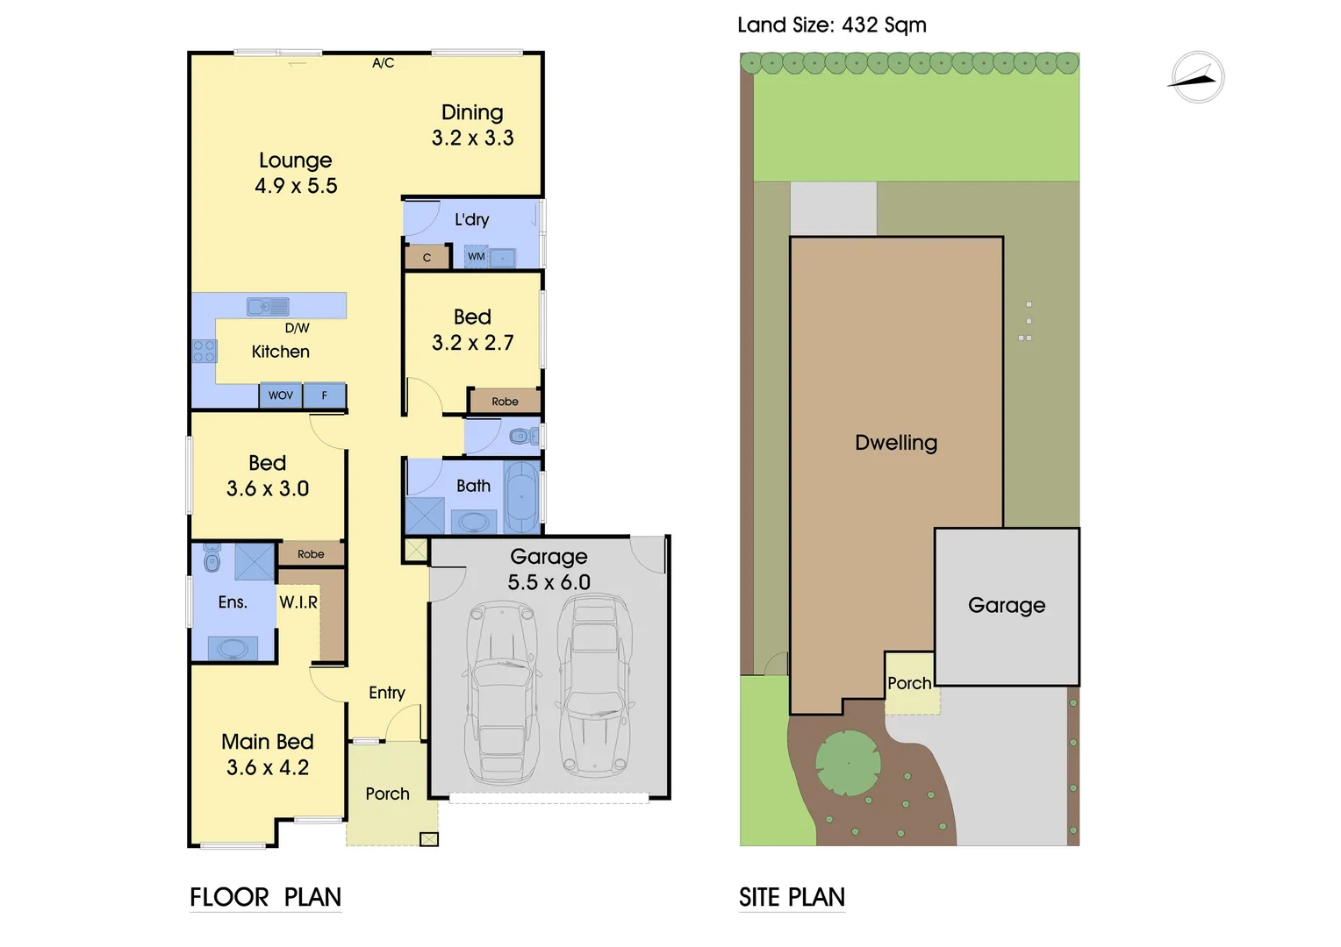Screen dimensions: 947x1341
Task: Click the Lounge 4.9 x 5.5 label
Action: pyautogui.click(x=296, y=173)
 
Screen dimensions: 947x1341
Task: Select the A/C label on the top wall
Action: pyautogui.click(x=383, y=63)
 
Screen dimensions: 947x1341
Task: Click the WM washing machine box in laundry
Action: pyautogui.click(x=476, y=257)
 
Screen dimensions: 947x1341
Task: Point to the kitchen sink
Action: pyautogui.click(x=268, y=306)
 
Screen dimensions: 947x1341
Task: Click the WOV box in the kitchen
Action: pyautogui.click(x=280, y=395)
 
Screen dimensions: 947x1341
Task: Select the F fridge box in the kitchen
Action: pyautogui.click(x=324, y=395)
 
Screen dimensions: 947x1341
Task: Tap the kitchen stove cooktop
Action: pyautogui.click(x=204, y=351)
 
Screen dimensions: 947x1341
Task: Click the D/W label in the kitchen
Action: pyautogui.click(x=297, y=328)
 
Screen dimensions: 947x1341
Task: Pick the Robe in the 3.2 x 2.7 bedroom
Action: pyautogui.click(x=505, y=402)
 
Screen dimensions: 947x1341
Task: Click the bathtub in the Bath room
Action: pyautogui.click(x=521, y=497)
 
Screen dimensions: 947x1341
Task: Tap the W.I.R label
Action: pyautogui.click(x=298, y=602)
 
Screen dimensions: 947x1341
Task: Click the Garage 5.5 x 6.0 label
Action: pyautogui.click(x=549, y=569)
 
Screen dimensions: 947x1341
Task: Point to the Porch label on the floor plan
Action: pyautogui.click(x=387, y=794)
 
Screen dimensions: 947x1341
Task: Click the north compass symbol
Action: pyautogui.click(x=1197, y=78)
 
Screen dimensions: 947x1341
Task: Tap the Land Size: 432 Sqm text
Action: pyautogui.click(x=831, y=25)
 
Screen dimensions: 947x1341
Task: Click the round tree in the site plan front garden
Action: pyautogui.click(x=848, y=763)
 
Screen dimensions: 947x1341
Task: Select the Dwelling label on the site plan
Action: pyautogui.click(x=895, y=443)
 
